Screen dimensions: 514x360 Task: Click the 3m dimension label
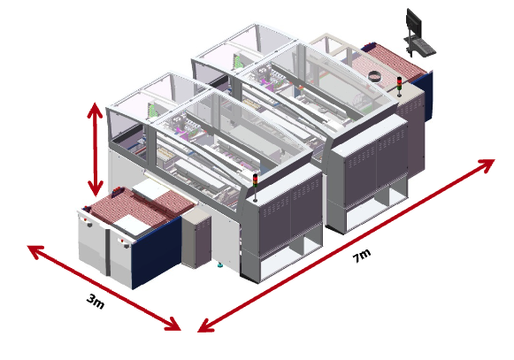coord(96,302)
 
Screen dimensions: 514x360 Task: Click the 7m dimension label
coord(362,256)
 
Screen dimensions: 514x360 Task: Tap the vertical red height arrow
coord(95,149)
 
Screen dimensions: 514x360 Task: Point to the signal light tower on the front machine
coord(255,188)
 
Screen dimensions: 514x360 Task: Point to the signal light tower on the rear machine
coord(399,87)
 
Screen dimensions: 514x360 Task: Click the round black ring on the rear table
coord(375,76)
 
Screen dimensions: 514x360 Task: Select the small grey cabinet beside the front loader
coord(196,237)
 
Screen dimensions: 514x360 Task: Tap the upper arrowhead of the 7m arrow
coord(487,165)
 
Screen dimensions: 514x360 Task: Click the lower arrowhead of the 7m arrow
coord(205,326)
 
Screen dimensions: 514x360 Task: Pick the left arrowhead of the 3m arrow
coord(35,251)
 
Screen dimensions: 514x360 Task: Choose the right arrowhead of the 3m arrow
coord(173,325)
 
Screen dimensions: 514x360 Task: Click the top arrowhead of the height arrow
coord(95,109)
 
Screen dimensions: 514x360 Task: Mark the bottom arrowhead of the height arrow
coord(95,189)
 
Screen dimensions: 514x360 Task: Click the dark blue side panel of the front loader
coord(157,251)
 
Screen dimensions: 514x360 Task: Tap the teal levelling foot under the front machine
coord(220,264)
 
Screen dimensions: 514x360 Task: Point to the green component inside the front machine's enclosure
coord(151,111)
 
